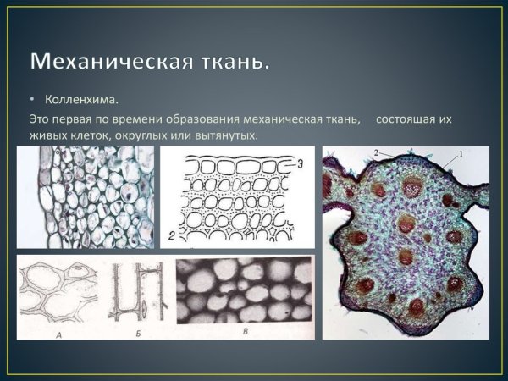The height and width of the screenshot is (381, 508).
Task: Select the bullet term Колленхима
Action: point(81,102)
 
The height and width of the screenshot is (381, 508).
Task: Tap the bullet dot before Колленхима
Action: point(32,102)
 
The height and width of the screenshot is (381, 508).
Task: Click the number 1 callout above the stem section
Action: point(461,153)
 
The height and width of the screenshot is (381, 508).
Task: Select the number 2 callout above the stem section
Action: point(374,152)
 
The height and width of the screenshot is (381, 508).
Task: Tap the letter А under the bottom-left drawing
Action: point(57,333)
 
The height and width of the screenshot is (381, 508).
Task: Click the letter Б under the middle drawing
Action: point(139,333)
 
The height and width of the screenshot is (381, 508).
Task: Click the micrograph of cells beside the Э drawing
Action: point(86,196)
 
